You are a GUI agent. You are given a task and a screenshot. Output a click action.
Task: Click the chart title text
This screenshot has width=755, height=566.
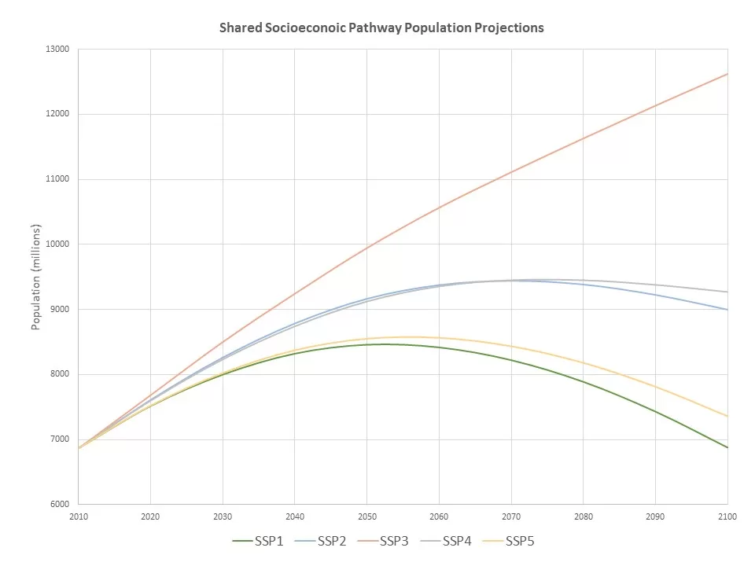tap(381, 28)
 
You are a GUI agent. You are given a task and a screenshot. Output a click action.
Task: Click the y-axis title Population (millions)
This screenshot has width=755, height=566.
tap(36, 276)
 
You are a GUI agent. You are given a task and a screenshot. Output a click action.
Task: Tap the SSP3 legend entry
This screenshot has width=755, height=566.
tap(389, 541)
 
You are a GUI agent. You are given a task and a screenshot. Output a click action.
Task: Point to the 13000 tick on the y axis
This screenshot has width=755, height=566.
tap(59, 50)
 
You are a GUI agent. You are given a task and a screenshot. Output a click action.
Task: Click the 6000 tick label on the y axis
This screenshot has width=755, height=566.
tap(61, 505)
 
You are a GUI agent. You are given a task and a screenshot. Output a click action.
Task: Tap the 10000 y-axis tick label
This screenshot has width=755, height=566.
tap(59, 244)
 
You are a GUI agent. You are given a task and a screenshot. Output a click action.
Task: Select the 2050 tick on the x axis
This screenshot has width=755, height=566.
tap(366, 516)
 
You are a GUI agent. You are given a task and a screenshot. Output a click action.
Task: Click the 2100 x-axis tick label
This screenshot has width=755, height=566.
tap(727, 516)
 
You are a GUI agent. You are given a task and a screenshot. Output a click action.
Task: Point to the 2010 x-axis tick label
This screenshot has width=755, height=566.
tap(79, 516)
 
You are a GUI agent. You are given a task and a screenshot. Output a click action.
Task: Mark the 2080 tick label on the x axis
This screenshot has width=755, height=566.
tap(583, 516)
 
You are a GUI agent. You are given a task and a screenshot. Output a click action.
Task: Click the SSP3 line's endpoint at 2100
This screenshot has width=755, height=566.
tap(727, 74)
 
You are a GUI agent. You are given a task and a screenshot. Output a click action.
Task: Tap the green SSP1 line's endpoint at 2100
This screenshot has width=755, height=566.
tap(727, 448)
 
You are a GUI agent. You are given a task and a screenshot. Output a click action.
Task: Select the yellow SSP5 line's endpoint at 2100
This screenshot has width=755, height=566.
tap(727, 417)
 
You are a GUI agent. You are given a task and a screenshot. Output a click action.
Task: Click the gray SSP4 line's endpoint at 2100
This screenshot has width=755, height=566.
tap(727, 292)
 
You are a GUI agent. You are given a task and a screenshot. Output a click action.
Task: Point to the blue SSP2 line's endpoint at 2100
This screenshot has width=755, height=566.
tap(727, 310)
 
